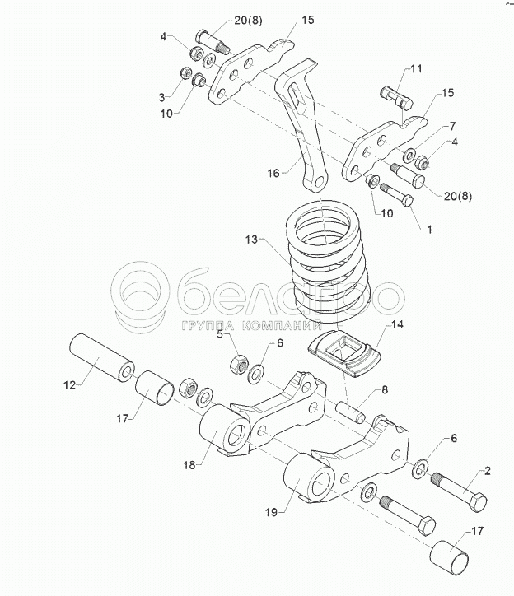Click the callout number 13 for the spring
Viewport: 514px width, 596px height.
pyautogui.click(x=251, y=240)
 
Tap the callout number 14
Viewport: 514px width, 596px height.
pyautogui.click(x=397, y=326)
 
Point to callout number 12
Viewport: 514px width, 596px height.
pyautogui.click(x=70, y=384)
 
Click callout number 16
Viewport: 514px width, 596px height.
pyautogui.click(x=273, y=173)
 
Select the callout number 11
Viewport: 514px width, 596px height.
pyautogui.click(x=415, y=70)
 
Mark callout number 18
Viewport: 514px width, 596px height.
pyautogui.click(x=189, y=466)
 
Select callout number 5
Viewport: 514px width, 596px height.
pyautogui.click(x=219, y=334)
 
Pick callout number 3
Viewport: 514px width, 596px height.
pyautogui.click(x=163, y=95)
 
